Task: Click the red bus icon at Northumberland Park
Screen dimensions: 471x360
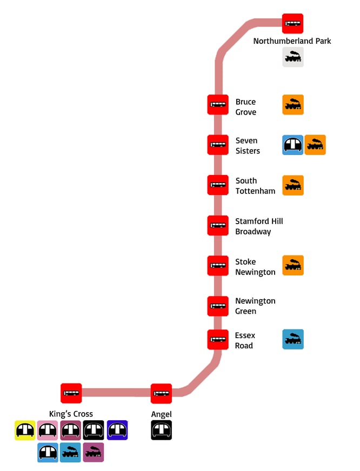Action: coord(293,23)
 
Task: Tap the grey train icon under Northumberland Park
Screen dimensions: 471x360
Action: coord(293,57)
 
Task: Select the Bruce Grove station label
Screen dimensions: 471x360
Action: coord(245,107)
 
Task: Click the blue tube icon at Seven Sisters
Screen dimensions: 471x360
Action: coord(293,145)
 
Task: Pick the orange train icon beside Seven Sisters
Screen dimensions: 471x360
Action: coord(315,145)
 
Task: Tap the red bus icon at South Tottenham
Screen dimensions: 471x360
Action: coord(218,185)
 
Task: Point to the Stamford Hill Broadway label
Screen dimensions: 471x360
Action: coord(259,226)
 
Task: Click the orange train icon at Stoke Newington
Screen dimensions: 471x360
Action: coord(293,265)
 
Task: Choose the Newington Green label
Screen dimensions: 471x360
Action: coord(255,306)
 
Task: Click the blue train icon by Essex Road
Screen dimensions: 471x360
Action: coord(293,339)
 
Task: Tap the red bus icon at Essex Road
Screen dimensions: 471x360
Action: coord(218,339)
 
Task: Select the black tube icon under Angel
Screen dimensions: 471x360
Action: coord(161,430)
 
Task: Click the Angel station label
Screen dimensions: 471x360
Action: coord(161,414)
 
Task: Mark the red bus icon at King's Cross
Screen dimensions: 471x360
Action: coord(71,393)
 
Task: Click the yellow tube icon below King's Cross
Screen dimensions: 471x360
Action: coord(25,430)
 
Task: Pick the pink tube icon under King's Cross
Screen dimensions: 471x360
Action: coord(48,430)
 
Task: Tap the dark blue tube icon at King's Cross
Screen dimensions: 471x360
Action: coord(117,430)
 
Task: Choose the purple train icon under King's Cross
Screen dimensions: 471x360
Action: coord(94,452)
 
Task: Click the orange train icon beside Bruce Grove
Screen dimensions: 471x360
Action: coord(293,105)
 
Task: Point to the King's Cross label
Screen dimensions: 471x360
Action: coord(71,414)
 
